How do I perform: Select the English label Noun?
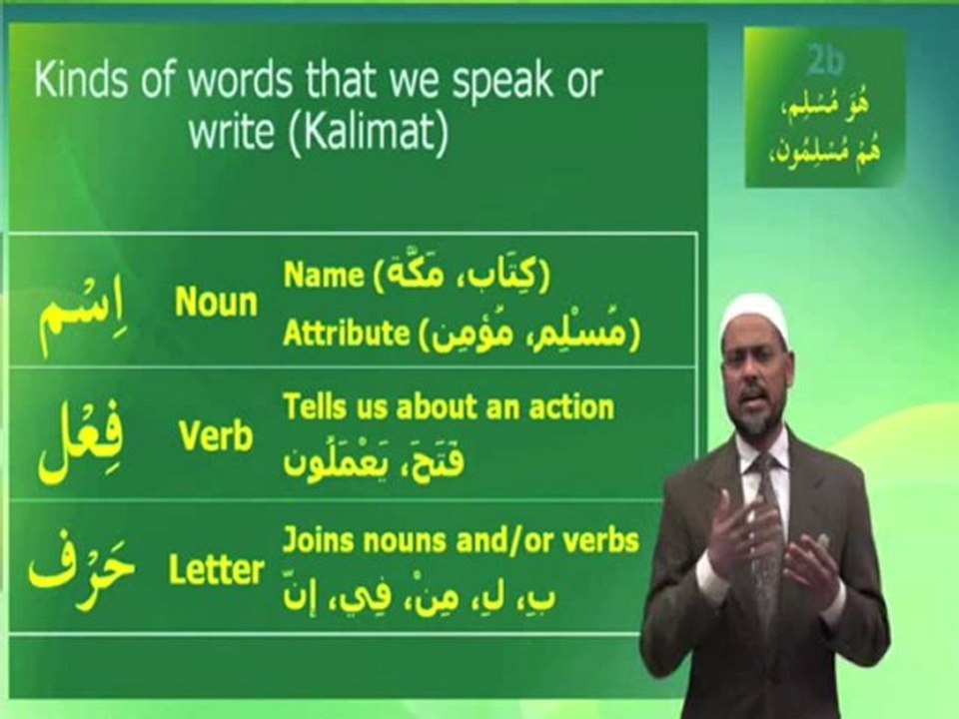coord(216,303)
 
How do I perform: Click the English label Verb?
coord(216,437)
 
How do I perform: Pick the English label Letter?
coord(217,571)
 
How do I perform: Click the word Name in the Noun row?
coord(323,276)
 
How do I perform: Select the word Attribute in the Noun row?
coord(346,335)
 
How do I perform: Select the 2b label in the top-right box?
coord(824,61)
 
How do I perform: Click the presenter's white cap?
coord(756,317)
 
